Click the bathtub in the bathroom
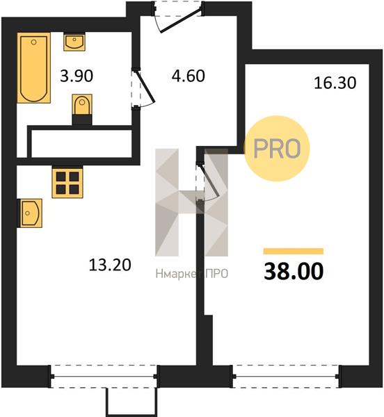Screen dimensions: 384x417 (34, 68)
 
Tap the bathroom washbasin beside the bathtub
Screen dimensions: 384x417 (74, 42)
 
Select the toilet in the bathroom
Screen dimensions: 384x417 (82, 109)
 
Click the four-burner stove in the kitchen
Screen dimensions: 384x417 (67, 182)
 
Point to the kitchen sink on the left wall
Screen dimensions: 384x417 (30, 213)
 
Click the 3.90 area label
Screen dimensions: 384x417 (77, 76)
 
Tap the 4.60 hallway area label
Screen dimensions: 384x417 (189, 76)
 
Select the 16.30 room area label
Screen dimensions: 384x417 (335, 83)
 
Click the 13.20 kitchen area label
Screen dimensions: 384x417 (110, 265)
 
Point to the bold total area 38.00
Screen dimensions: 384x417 (294, 271)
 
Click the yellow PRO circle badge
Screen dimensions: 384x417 (277, 149)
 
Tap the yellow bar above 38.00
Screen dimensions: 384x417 (294, 252)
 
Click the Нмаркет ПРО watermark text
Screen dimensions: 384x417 (192, 274)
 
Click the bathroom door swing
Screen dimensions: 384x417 (143, 88)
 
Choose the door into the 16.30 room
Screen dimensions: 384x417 (207, 183)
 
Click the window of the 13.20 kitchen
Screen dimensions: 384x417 (104, 376)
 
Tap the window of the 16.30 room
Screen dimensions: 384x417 (287, 376)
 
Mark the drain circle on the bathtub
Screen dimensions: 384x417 (33, 42)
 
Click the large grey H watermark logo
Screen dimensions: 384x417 (191, 202)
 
